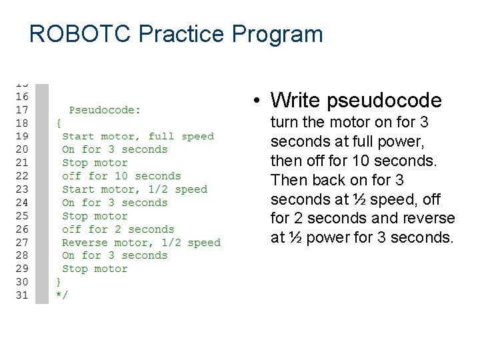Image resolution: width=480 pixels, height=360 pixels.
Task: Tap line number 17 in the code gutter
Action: pos(22,109)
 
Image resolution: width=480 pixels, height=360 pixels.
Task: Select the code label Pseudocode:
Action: pos(105,109)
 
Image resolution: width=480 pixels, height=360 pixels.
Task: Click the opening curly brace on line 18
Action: pos(58,123)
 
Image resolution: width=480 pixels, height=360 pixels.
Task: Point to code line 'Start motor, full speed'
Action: pos(138,136)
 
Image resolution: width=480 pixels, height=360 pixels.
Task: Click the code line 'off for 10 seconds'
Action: pos(121,176)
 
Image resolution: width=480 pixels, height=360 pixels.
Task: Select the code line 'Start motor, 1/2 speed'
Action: pos(135,189)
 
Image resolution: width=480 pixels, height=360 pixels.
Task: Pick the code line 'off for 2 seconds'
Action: pos(118,229)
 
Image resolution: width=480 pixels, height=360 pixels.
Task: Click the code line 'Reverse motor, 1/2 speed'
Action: pos(141,243)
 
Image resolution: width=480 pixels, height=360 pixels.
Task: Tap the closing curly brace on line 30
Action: pos(58,283)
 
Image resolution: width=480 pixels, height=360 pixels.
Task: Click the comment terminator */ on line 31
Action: pos(61,295)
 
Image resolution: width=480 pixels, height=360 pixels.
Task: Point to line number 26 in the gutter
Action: pos(22,229)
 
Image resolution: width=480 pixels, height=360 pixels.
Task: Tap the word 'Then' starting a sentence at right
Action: pos(286,180)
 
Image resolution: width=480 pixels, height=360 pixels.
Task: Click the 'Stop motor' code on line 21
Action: pos(95,163)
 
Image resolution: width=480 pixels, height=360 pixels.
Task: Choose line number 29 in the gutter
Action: pos(22,269)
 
